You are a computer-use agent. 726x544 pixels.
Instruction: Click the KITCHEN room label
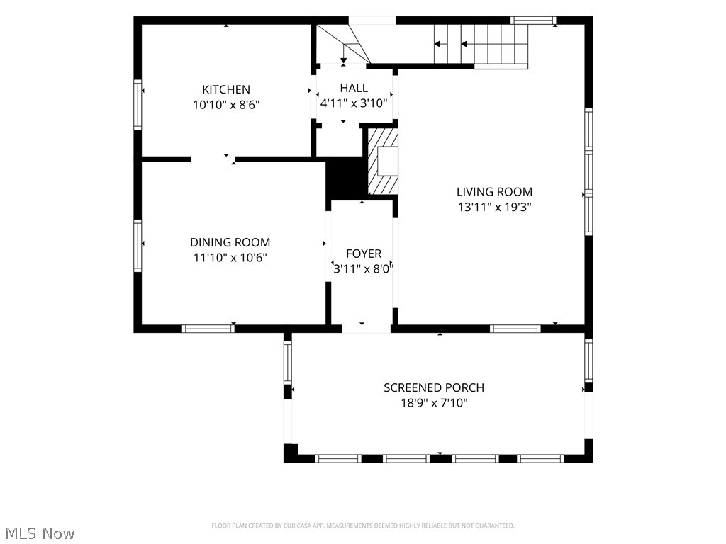(x=226, y=89)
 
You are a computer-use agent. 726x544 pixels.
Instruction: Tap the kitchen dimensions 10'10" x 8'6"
(x=226, y=105)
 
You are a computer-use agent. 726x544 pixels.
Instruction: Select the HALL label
(x=354, y=88)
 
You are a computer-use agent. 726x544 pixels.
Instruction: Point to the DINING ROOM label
(x=230, y=242)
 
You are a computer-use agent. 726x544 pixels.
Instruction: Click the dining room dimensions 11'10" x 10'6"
(x=230, y=258)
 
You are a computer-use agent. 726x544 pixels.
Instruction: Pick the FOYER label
(x=364, y=254)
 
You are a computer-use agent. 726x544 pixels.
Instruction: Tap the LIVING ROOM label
(x=494, y=191)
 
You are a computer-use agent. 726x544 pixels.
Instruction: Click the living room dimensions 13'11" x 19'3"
(x=494, y=207)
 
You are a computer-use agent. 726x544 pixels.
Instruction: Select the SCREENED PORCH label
(x=434, y=387)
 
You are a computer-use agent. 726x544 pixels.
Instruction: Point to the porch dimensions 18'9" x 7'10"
(x=434, y=403)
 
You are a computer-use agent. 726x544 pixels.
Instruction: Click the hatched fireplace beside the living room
(x=383, y=161)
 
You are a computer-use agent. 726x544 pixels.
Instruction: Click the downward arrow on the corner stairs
(x=344, y=54)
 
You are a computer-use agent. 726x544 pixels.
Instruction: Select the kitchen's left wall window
(x=138, y=105)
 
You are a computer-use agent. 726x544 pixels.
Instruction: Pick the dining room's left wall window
(x=138, y=246)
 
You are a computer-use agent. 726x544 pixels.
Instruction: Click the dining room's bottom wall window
(x=208, y=329)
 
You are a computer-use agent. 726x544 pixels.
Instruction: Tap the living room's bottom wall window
(x=515, y=329)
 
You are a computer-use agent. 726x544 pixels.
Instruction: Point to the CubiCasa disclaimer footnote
(x=363, y=526)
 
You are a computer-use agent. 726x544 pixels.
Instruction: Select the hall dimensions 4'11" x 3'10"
(x=354, y=103)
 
